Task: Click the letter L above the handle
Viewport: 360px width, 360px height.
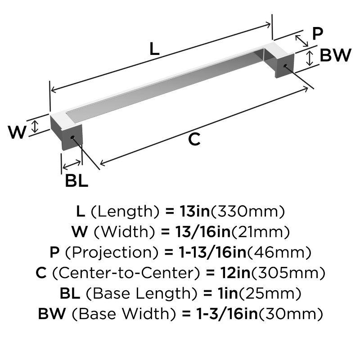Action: (x=154, y=49)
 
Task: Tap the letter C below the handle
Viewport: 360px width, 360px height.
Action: (x=194, y=140)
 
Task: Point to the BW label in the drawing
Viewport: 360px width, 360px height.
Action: (x=335, y=56)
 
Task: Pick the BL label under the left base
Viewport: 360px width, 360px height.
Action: (x=76, y=181)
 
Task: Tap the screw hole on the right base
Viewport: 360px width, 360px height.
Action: (x=285, y=67)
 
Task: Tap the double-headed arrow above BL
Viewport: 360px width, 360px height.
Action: (x=72, y=163)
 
